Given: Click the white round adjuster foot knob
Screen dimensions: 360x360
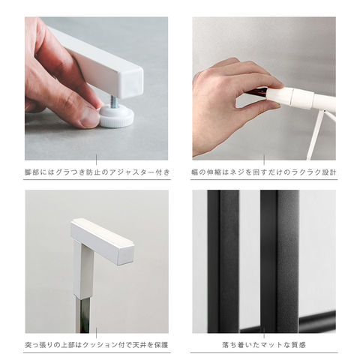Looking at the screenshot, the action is [117, 116].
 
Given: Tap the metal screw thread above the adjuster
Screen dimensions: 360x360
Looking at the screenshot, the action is [113, 100].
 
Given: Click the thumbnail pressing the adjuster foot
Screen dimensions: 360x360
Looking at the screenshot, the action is [89, 120].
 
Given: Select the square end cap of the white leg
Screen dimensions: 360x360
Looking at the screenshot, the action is [133, 82].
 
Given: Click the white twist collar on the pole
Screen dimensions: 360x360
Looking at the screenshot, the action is [301, 97].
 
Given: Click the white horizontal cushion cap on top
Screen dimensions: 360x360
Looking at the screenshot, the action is [103, 241].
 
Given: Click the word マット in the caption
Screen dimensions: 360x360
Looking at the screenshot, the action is [272, 345].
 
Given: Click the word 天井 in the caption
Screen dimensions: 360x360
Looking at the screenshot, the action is [139, 345].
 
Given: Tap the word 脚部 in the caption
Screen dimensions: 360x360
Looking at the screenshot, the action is [31, 172].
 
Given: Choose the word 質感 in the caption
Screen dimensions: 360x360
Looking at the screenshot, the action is [298, 345].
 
